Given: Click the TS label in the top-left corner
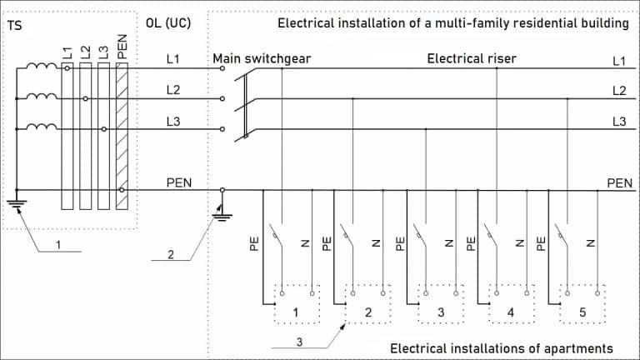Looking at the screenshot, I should [15, 24].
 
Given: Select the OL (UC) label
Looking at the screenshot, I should [170, 23].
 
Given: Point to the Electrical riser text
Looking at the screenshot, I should [471, 58].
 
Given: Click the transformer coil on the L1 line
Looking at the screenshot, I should [39, 68].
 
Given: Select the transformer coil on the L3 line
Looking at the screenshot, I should [39, 127].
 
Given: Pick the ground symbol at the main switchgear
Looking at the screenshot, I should [222, 214].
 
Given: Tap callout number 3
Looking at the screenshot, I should [297, 341].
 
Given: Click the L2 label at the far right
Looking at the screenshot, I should [619, 90].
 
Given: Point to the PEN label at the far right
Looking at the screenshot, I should [619, 182].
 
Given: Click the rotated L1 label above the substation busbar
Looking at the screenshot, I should [67, 52].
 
